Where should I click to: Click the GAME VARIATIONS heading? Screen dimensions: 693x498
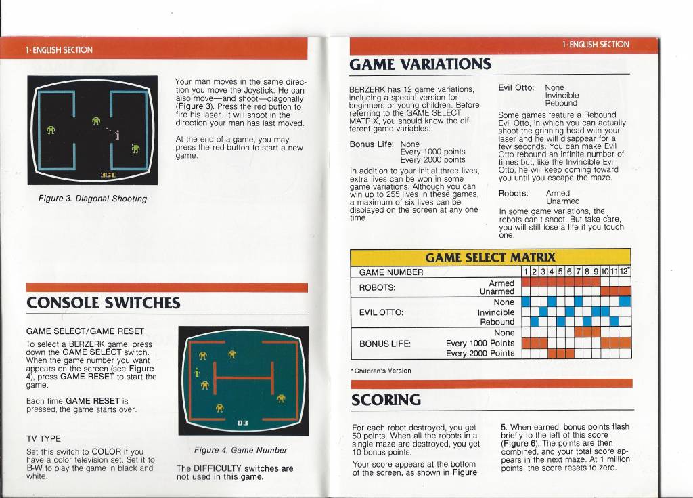(420, 64)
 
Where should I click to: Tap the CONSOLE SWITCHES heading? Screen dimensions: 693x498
(104, 303)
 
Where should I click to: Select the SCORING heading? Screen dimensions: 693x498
(386, 400)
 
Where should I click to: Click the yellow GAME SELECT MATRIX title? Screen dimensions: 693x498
(490, 257)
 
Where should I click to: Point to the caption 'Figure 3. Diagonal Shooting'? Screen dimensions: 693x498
(92, 199)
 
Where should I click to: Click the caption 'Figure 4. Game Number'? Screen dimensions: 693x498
(240, 450)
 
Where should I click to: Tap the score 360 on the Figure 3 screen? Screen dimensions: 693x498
(109, 175)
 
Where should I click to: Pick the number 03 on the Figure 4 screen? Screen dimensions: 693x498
(243, 423)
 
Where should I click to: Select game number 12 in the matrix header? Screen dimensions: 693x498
(624, 271)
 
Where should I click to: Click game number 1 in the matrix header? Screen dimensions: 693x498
(525, 272)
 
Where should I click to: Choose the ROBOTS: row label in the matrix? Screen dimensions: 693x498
(377, 288)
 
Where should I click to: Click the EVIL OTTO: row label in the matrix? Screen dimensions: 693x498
(381, 312)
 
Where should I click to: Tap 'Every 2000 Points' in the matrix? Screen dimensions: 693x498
(480, 353)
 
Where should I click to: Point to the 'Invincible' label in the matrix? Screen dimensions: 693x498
(496, 312)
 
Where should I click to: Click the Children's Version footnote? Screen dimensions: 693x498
(382, 371)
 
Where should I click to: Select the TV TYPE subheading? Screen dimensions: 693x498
(43, 438)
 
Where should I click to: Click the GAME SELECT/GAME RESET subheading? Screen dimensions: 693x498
(85, 331)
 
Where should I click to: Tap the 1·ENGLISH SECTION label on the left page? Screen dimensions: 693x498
(59, 50)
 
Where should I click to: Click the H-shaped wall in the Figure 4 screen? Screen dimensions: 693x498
(244, 378)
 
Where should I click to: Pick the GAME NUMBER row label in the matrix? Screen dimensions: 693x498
(390, 272)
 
